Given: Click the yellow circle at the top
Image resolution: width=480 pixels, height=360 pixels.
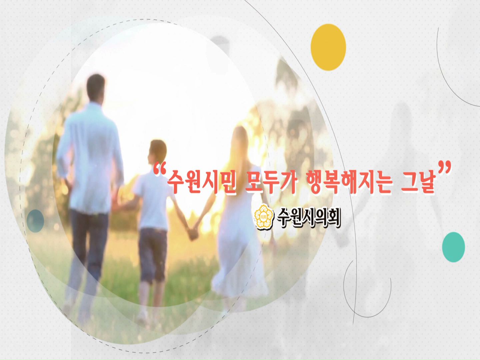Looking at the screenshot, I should click(328, 47).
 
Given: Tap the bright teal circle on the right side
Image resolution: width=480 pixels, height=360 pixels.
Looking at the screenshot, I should click(453, 247).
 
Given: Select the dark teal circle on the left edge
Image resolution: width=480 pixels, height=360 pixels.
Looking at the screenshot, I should click(35, 221).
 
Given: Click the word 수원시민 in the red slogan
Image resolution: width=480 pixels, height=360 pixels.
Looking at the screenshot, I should click(201, 182).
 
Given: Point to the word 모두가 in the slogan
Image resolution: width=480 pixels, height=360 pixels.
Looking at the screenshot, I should click(270, 182).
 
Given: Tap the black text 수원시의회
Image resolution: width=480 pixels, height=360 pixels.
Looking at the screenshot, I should click(309, 217).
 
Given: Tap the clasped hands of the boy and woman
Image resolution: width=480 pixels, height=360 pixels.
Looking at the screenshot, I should click(193, 233).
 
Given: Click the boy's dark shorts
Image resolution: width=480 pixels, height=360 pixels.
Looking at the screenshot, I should click(152, 253).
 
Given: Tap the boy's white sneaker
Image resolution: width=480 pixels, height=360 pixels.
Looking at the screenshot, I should click(142, 315).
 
